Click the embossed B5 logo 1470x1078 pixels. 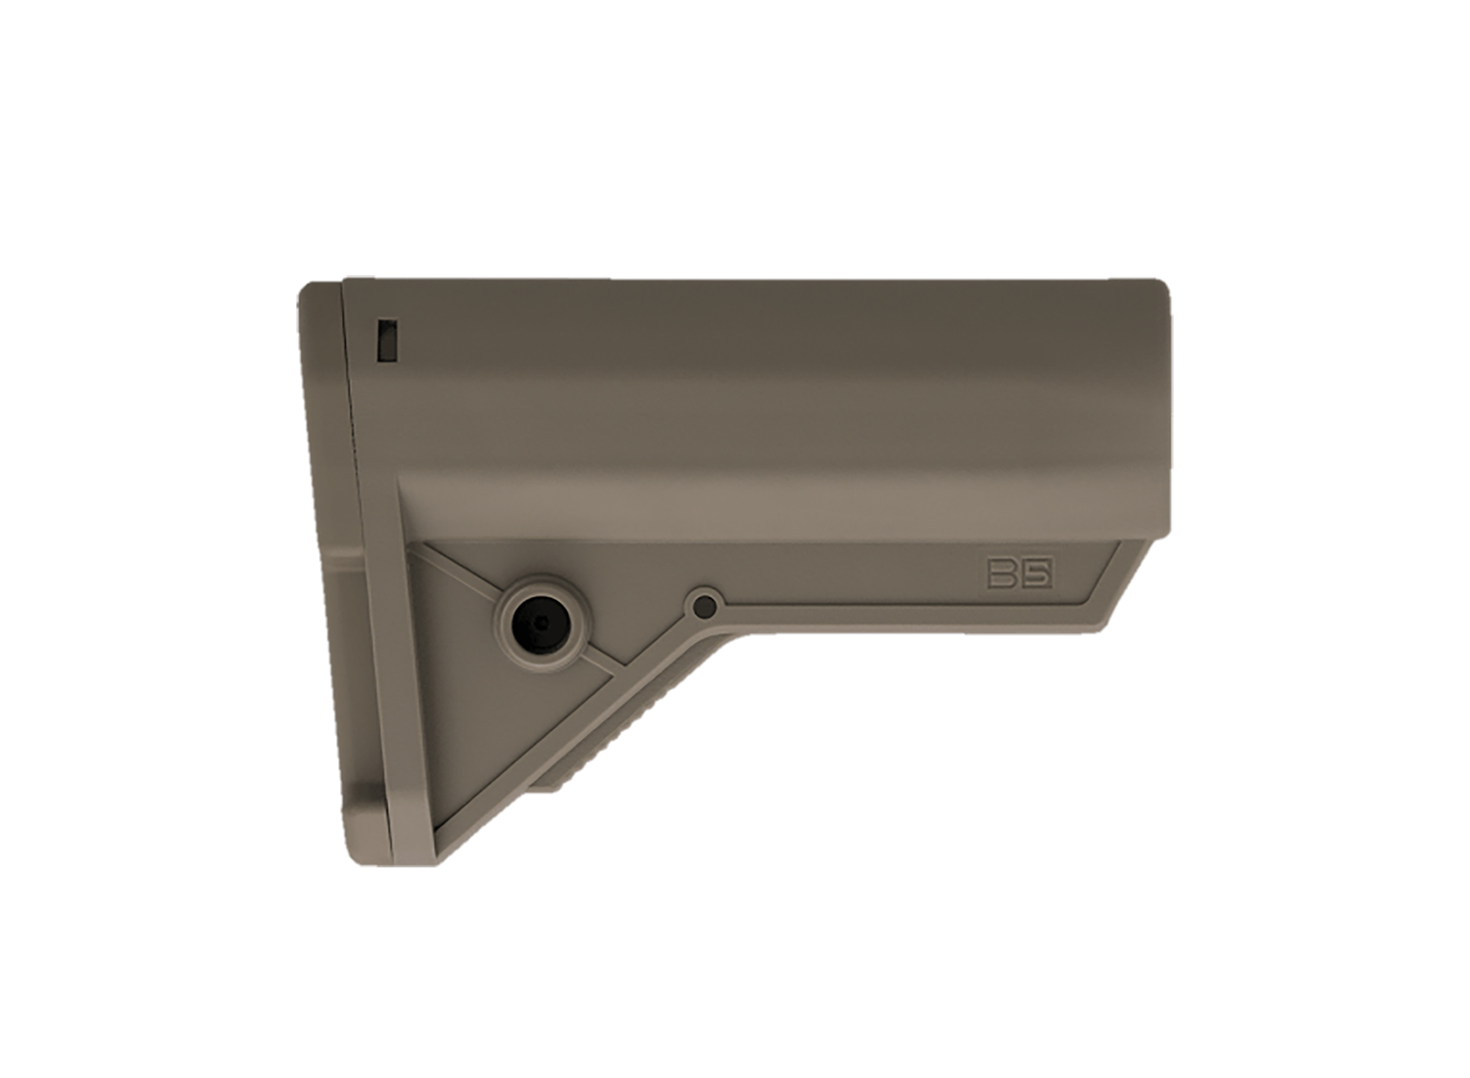(1019, 573)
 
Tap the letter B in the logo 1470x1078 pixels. (1004, 573)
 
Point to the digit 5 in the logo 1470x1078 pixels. (1036, 573)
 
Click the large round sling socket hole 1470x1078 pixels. (537, 622)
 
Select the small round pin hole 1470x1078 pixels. (702, 607)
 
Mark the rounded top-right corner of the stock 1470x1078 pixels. (1161, 289)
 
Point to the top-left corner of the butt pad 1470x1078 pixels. (306, 290)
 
